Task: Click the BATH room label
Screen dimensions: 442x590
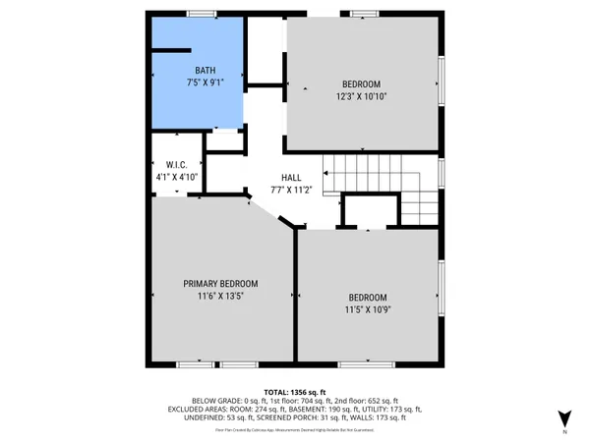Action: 205,71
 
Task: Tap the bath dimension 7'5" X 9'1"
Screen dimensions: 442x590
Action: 205,83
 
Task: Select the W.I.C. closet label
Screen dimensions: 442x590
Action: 176,165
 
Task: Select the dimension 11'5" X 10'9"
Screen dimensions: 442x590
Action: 367,310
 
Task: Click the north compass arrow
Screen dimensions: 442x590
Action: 563,417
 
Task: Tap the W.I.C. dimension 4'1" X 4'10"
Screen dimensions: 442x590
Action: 176,177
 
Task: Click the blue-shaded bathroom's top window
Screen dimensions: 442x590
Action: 202,14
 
